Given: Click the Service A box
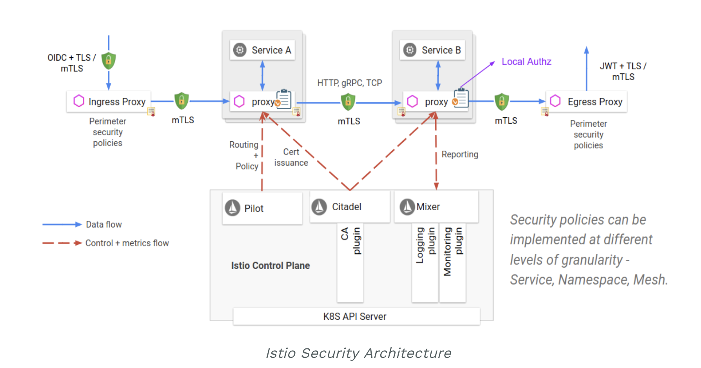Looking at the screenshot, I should (x=262, y=50).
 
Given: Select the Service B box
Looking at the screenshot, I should (x=432, y=50).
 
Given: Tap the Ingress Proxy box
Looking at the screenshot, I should (x=109, y=102).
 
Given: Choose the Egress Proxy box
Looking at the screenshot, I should (x=587, y=102).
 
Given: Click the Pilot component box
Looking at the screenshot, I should (x=262, y=208).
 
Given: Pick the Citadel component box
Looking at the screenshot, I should (x=349, y=207).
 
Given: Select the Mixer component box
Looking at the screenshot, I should (x=436, y=207).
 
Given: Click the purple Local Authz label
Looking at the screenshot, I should (x=526, y=62).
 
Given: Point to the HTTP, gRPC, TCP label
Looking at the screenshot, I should (x=349, y=83).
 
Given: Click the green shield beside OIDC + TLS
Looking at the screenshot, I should (x=109, y=61).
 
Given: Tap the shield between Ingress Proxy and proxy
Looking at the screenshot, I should (x=182, y=101).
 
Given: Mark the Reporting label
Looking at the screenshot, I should (x=459, y=154).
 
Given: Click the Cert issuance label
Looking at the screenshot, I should (x=291, y=157).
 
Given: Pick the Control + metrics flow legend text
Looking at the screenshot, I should (x=127, y=243).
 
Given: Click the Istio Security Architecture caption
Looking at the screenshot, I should (x=358, y=353).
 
